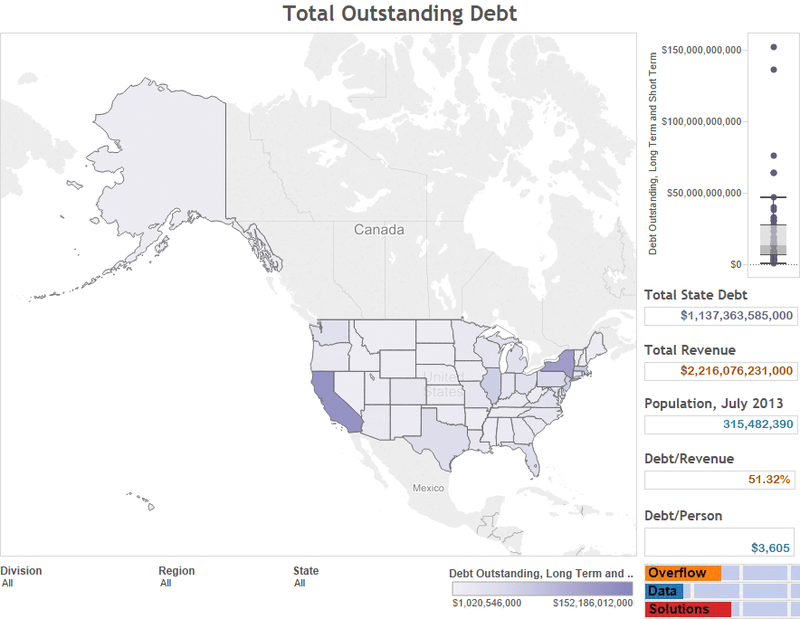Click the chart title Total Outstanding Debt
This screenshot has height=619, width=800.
[x=399, y=14]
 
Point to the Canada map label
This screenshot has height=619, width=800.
[x=379, y=230]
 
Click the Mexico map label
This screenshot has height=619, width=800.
[x=428, y=489]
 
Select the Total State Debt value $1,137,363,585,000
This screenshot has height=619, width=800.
[x=737, y=316]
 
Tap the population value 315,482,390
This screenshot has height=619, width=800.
[x=757, y=424]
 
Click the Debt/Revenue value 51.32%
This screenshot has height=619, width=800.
[x=771, y=480]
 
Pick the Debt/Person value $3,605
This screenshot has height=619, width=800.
[x=771, y=548]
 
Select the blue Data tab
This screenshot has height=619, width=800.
[x=663, y=591]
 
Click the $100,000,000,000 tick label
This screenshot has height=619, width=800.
[x=702, y=121]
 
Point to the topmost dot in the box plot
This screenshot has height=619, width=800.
[x=774, y=47]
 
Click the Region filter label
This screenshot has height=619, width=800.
[x=176, y=571]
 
